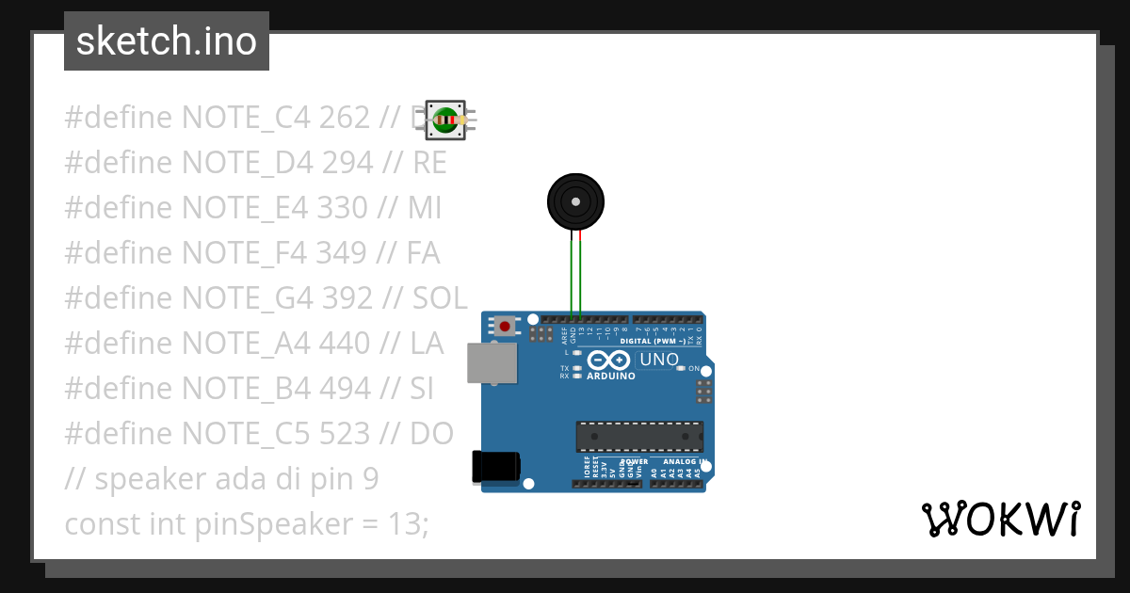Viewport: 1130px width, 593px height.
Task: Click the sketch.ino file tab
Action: click(x=167, y=41)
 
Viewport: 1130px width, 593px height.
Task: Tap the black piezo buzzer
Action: click(x=575, y=201)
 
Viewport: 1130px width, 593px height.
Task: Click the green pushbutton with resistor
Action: click(x=445, y=120)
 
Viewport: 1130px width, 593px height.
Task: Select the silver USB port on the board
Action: click(x=492, y=362)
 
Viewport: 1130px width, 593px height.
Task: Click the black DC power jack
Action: click(x=495, y=466)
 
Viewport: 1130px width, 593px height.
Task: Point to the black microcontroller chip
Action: click(x=639, y=437)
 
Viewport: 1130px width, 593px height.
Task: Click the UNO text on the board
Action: click(x=659, y=360)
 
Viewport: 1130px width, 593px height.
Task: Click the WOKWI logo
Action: click(x=1000, y=519)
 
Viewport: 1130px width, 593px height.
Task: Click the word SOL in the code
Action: click(x=440, y=298)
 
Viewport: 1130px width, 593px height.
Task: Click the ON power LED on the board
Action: click(x=681, y=368)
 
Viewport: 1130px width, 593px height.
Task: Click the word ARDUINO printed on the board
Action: click(x=611, y=376)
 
